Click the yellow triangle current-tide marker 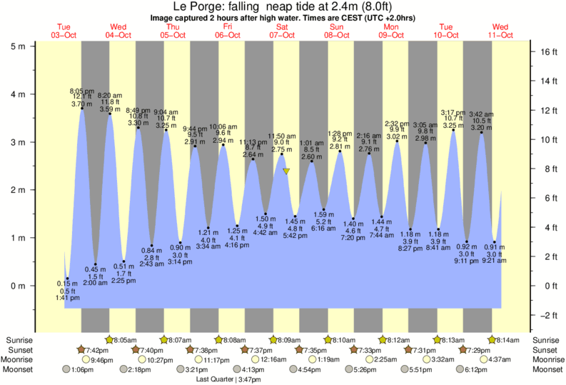click(x=286, y=171)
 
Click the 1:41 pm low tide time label click(x=67, y=298)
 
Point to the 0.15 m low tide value click(x=67, y=284)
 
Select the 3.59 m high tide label click(x=108, y=109)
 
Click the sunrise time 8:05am click(x=126, y=340)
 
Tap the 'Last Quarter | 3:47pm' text click(x=228, y=380)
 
